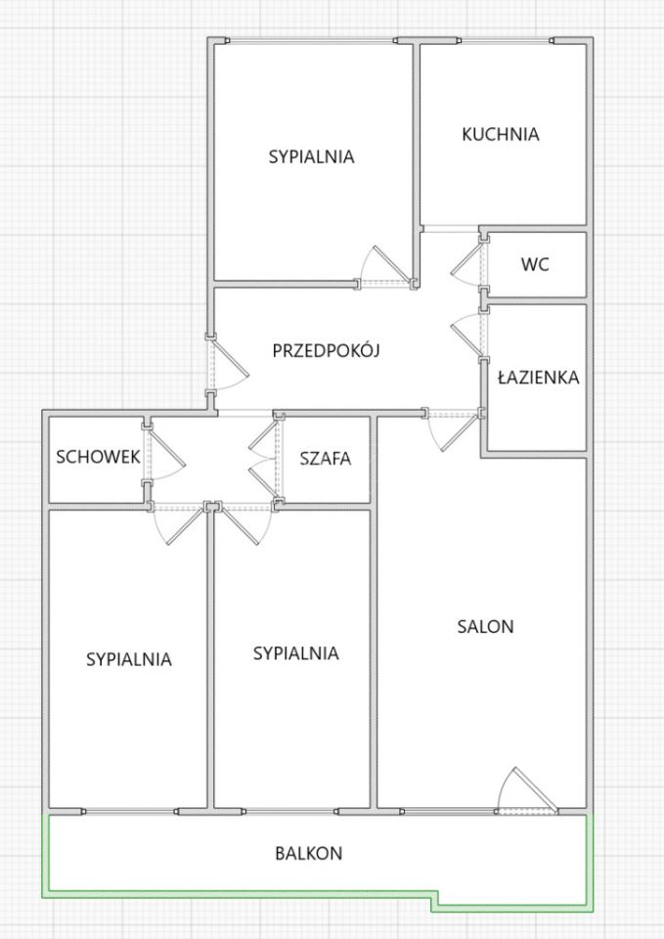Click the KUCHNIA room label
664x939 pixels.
tap(501, 134)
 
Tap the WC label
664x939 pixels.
tap(534, 264)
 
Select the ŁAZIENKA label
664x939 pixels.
tap(539, 377)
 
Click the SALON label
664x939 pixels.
tap(485, 627)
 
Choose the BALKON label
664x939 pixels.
tap(308, 853)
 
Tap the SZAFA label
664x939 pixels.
tap(326, 457)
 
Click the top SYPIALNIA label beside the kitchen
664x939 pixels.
tap(311, 156)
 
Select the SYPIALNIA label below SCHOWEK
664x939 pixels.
tap(129, 659)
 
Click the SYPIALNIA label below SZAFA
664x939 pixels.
tap(295, 652)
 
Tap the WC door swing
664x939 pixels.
tap(467, 262)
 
